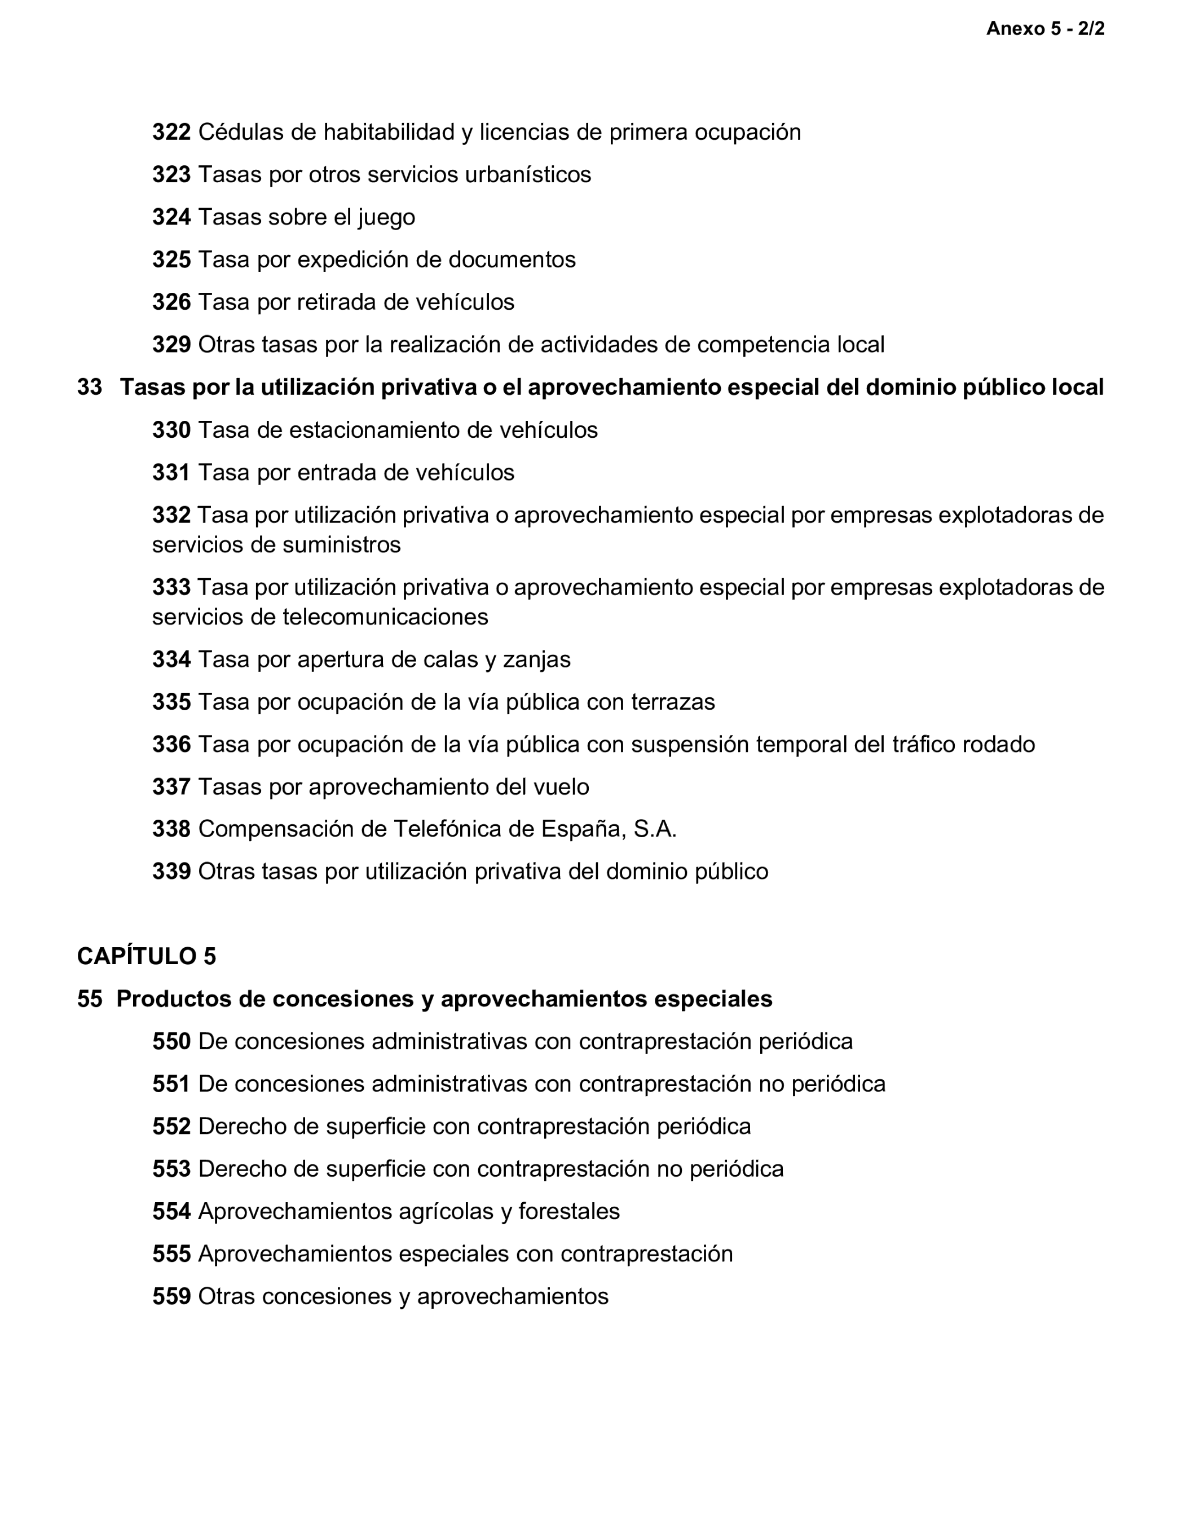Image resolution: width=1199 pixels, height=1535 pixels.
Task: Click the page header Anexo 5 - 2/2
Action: pos(1045,29)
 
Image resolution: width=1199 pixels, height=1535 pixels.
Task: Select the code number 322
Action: pos(171,132)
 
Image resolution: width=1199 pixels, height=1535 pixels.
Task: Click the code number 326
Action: pos(171,302)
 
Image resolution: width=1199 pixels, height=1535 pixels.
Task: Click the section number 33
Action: pos(89,387)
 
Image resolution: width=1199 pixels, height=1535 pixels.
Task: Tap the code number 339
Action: pos(171,872)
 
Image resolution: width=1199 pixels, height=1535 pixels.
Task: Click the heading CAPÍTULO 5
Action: pos(146,957)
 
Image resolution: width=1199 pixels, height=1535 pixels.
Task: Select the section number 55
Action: pos(89,1000)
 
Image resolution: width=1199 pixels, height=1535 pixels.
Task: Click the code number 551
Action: pos(171,1084)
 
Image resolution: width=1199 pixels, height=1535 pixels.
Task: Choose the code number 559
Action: pos(171,1297)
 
